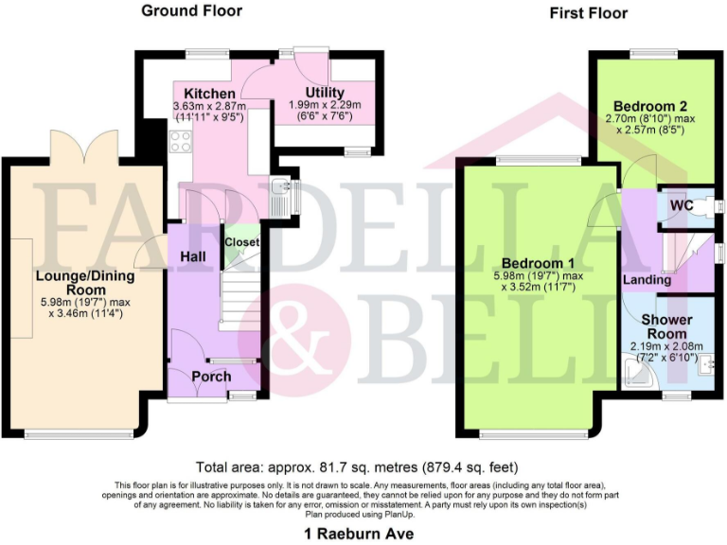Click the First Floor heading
point(587,13)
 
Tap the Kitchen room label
point(209,95)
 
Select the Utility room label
point(325,92)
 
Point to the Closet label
point(242,242)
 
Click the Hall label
point(193,256)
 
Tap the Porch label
point(211,377)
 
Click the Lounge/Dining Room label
point(85,283)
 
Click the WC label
point(680,203)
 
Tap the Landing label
point(647,280)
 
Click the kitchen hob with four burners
point(180,143)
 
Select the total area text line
point(357,467)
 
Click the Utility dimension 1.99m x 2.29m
point(325,104)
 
